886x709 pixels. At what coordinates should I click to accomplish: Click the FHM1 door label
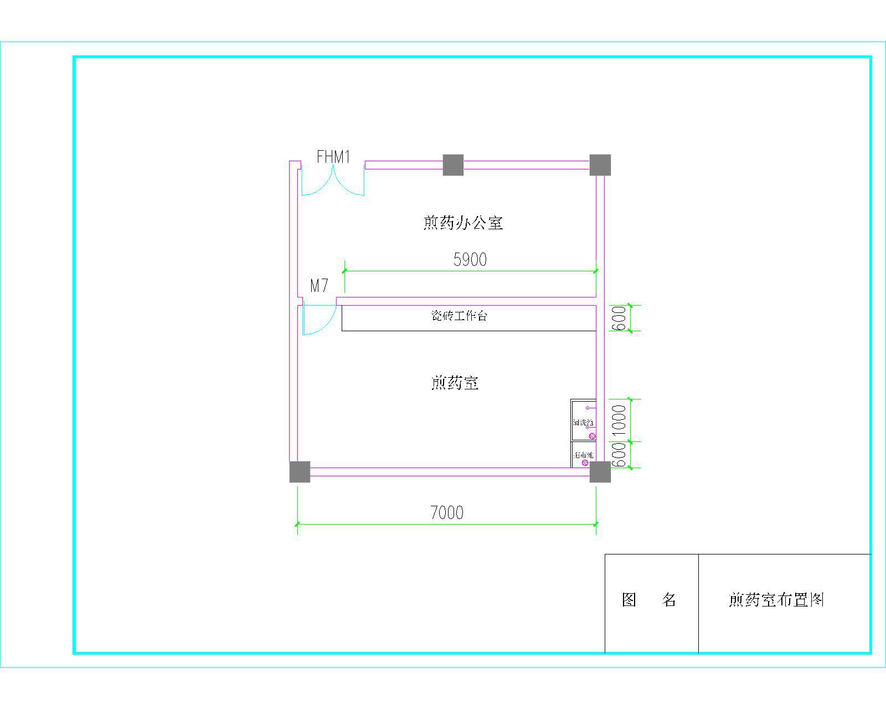tap(333, 157)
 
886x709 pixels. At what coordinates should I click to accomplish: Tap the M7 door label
tap(319, 286)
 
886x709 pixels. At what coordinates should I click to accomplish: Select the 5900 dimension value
tap(470, 259)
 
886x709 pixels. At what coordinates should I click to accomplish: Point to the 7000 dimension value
tap(447, 513)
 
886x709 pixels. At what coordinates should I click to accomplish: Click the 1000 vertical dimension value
tap(619, 420)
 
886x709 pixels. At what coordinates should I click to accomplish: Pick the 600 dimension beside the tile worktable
tap(619, 318)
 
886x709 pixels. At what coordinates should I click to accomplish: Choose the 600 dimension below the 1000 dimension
tap(619, 455)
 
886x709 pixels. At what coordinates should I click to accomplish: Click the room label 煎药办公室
tap(463, 223)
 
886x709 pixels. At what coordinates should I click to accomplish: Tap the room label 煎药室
tap(455, 383)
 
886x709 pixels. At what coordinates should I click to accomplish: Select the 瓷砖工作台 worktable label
tap(460, 316)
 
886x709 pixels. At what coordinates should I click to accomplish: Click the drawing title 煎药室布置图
tap(776, 600)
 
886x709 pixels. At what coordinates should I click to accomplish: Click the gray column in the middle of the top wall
tap(453, 165)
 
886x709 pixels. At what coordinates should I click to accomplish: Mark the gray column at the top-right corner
tap(600, 165)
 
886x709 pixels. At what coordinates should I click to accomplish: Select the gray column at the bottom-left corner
tap(300, 471)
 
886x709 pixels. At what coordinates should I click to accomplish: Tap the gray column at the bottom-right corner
tap(600, 471)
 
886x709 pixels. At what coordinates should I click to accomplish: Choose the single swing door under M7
tap(318, 320)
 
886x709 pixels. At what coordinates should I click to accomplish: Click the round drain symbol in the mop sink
tap(585, 463)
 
